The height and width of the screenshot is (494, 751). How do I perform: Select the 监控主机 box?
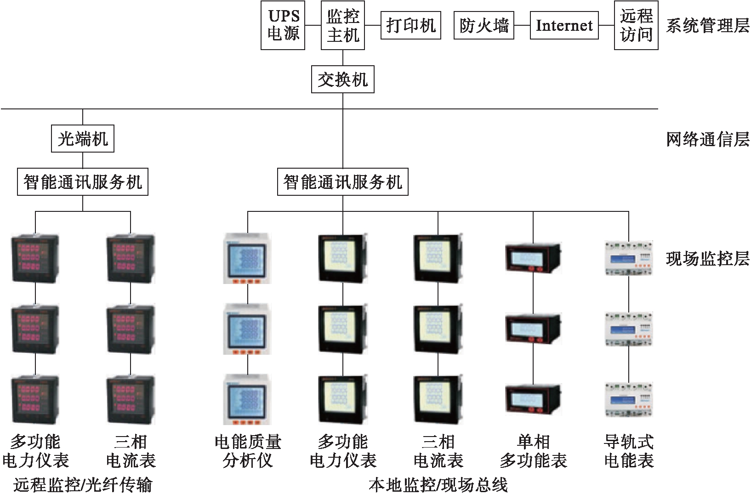(342, 25)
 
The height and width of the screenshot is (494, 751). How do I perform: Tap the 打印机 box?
(410, 25)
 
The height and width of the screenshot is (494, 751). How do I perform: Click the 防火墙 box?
(484, 25)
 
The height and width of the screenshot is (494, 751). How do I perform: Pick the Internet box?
(564, 25)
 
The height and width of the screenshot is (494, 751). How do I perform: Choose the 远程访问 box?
(636, 25)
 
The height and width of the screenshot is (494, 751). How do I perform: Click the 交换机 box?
(342, 79)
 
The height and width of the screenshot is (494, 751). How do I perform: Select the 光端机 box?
(83, 139)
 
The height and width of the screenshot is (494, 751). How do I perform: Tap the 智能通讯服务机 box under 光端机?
(83, 182)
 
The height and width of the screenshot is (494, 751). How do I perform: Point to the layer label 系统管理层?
(707, 25)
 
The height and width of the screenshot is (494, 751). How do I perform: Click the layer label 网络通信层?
(707, 139)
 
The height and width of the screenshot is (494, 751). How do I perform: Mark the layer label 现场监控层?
(707, 259)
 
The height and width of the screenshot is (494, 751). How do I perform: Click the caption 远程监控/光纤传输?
(83, 484)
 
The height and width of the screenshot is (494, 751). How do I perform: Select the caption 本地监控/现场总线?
(438, 484)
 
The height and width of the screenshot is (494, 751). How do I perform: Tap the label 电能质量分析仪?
(248, 451)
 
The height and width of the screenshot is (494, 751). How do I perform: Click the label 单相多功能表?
(533, 451)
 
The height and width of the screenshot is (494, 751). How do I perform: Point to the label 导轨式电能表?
(628, 451)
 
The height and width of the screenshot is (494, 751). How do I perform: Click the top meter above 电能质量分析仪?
(247, 258)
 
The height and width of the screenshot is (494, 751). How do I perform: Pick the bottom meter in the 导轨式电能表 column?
(628, 400)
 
